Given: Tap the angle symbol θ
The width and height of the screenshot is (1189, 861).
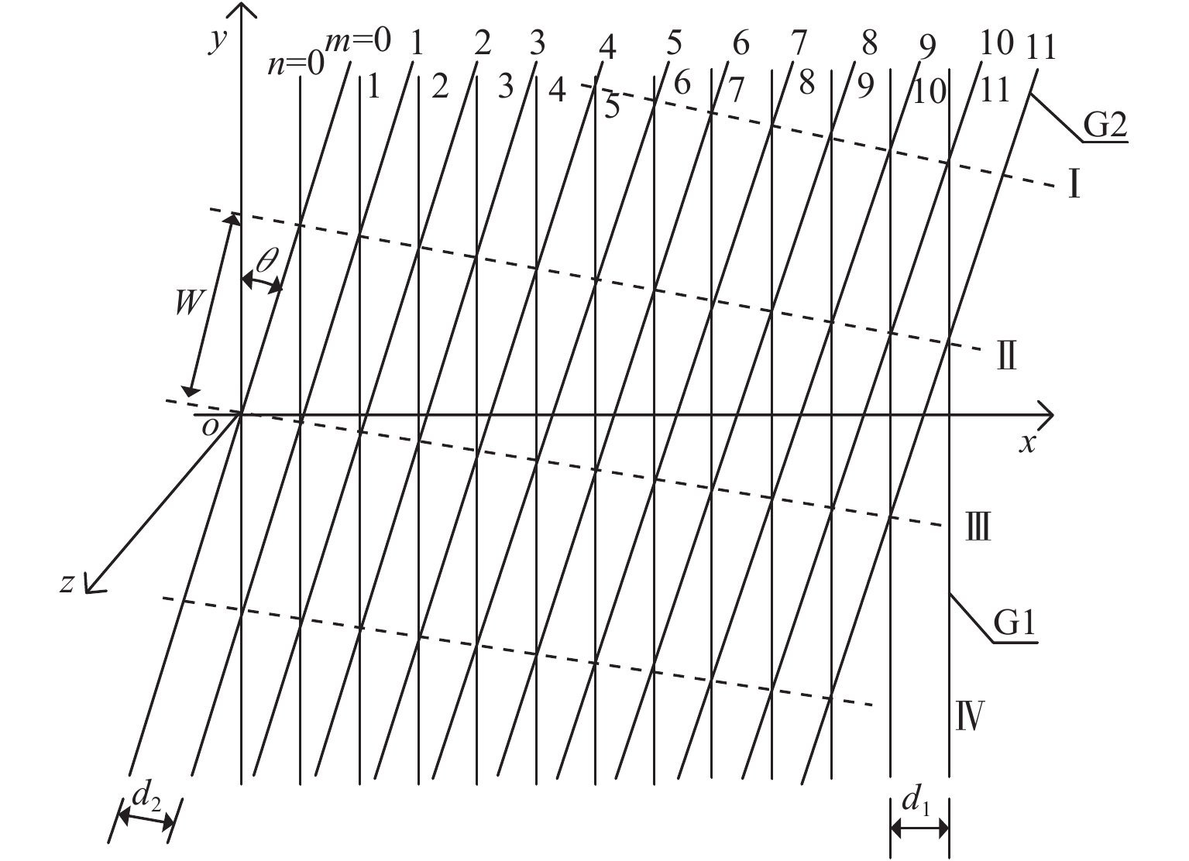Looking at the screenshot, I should (x=265, y=259).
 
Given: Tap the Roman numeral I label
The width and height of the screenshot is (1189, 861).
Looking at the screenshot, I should (x=1074, y=185).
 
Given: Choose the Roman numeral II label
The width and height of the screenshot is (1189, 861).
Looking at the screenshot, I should (x=1005, y=358).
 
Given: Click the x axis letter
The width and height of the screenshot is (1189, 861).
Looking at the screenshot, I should (x=1028, y=443).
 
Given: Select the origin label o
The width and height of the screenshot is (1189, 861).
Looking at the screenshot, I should (x=208, y=427).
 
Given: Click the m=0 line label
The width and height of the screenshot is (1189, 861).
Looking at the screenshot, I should (x=358, y=40).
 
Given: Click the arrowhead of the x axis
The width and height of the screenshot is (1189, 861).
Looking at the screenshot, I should (x=1046, y=414).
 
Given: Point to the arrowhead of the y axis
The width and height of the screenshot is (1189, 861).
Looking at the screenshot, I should (x=242, y=11).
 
